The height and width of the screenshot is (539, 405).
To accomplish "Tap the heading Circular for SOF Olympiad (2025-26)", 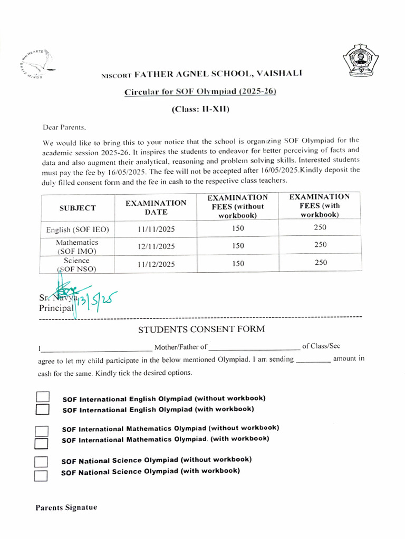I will coord(200,92).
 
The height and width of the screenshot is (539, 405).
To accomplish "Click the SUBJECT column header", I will coord(78,208).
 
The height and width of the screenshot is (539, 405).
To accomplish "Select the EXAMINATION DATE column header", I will coord(156,208).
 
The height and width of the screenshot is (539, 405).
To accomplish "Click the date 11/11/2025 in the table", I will coord(156,229).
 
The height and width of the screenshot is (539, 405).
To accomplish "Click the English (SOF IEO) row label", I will coord(78,229).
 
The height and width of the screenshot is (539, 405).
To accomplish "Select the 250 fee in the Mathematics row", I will coord(320,245).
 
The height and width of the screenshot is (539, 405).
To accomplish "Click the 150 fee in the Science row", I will coord(238,264).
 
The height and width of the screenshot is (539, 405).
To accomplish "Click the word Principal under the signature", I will coord(55,308).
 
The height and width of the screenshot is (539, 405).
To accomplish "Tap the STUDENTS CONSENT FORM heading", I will coord(201,330).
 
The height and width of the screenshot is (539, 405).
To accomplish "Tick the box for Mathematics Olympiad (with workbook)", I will coord(41,443).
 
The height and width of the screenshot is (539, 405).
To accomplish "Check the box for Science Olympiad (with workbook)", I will coord(41,476).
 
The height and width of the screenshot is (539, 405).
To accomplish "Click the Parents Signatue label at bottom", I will coord(66,508).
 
